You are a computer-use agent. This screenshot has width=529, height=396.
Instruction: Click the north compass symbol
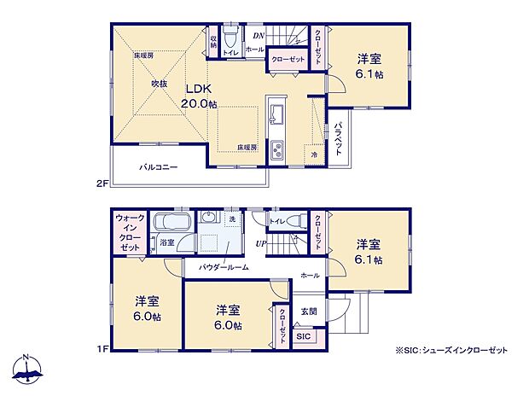click(28, 370)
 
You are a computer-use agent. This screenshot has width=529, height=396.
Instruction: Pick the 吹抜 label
click(160, 84)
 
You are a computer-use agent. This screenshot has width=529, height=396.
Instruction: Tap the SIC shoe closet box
click(304, 336)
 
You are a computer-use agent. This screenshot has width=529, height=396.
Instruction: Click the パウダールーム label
click(224, 267)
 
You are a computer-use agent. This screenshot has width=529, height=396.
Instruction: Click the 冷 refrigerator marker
click(314, 154)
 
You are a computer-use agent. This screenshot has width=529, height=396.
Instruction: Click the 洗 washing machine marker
click(232, 220)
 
